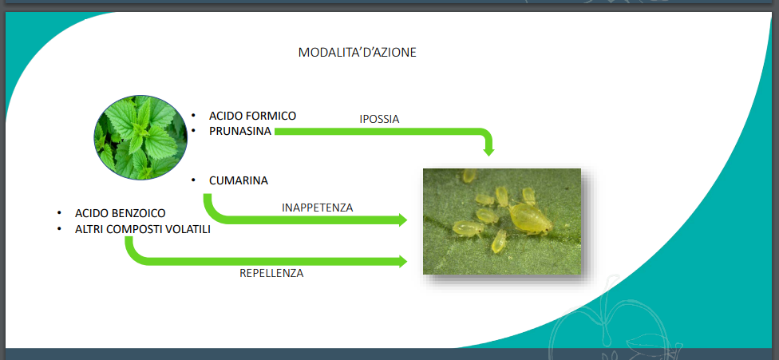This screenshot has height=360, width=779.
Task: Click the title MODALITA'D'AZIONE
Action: click(358, 52)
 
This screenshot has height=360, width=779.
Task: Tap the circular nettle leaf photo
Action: click(140, 137)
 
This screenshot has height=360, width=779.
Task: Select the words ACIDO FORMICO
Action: click(252, 116)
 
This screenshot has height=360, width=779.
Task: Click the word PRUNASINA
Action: click(240, 131)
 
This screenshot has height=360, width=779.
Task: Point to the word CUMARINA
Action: click(239, 180)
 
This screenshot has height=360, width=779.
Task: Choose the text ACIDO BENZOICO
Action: click(121, 213)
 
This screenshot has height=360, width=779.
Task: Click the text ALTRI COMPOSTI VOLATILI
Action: click(143, 229)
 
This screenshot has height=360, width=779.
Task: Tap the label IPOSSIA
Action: click(380, 119)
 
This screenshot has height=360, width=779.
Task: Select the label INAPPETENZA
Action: click(318, 208)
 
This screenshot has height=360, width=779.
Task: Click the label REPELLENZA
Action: click(271, 273)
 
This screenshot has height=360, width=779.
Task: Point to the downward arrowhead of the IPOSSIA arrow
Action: click(488, 150)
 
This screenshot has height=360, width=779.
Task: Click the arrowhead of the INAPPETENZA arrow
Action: click(402, 220)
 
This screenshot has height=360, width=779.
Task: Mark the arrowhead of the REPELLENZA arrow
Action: click(402, 261)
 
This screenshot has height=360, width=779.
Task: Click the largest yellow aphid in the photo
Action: click(530, 219)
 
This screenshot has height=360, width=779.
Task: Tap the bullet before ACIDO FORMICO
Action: click(194, 116)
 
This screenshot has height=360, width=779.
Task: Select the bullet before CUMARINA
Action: click(194, 180)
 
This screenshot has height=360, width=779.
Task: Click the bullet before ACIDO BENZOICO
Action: click(60, 212)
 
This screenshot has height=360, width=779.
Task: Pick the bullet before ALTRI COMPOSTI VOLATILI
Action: click(60, 229)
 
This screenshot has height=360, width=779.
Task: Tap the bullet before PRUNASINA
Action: click(194, 131)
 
